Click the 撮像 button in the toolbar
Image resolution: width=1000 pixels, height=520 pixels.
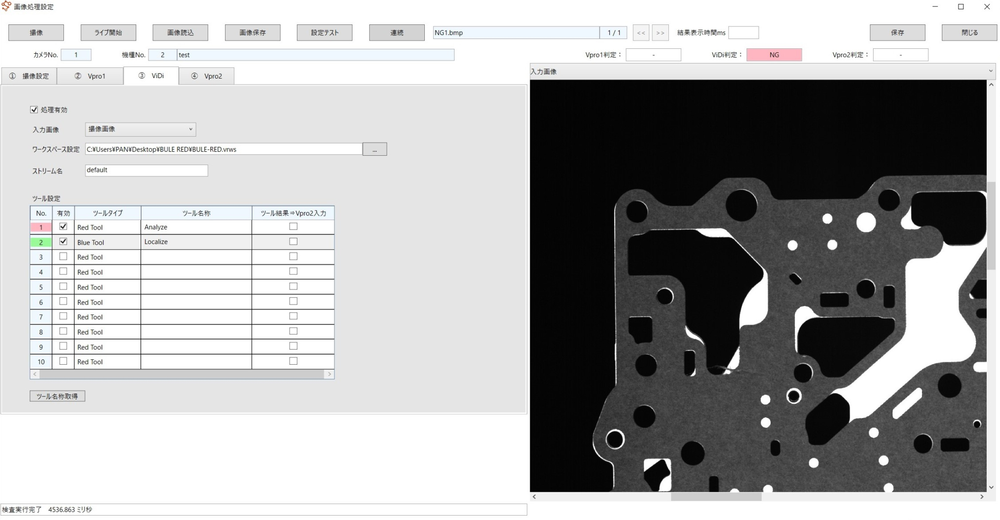[x=36, y=33]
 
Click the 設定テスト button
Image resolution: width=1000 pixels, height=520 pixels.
[x=324, y=33]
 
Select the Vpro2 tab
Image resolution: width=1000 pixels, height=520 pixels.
[x=207, y=76]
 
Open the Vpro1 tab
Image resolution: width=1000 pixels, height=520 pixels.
[x=90, y=76]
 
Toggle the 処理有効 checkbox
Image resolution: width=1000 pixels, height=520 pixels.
[x=34, y=110]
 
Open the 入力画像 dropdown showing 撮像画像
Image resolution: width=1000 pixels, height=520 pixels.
[x=140, y=129]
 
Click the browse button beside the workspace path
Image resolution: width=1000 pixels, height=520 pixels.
[x=375, y=149]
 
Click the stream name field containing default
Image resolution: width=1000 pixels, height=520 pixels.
[x=146, y=170]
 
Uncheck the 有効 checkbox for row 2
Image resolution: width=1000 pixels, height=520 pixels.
[x=63, y=242]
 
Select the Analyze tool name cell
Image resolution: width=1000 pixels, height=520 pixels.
[x=196, y=227]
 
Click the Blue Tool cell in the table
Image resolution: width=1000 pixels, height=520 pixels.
[x=107, y=242]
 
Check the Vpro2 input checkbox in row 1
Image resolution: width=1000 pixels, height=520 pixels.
[x=293, y=227]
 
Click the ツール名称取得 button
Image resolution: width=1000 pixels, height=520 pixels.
[x=57, y=396]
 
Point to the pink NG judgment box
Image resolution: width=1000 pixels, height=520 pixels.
[x=774, y=55]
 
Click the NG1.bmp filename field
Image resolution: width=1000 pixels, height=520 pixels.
[x=516, y=33]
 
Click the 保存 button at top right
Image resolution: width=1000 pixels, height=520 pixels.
[x=897, y=33]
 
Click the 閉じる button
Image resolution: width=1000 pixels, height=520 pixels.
[x=969, y=33]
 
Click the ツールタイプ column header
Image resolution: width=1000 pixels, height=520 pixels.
[x=107, y=213]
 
